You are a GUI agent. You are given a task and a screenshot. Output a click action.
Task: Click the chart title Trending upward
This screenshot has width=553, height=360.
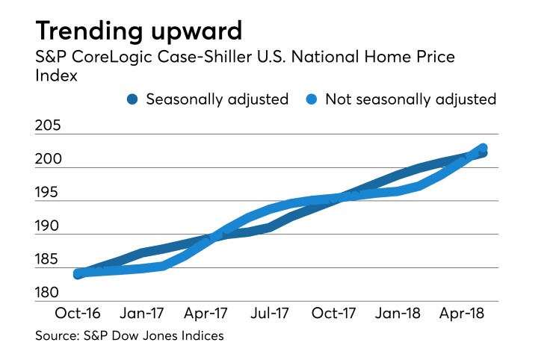[138, 31]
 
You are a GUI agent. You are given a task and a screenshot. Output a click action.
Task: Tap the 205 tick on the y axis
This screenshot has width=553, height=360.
[49, 126]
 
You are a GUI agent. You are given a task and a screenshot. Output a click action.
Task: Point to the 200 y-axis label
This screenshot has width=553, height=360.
[49, 159]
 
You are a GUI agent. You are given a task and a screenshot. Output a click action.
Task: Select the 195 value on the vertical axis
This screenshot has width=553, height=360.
[49, 193]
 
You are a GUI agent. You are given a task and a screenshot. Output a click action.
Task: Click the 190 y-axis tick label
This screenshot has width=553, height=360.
[49, 226]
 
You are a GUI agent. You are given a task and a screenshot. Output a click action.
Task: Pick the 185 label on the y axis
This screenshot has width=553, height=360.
[49, 260]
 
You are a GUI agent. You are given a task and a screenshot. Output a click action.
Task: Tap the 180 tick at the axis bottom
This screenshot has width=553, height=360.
[49, 293]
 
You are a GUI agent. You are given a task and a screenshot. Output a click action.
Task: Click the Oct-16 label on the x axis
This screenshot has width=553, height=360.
[78, 313]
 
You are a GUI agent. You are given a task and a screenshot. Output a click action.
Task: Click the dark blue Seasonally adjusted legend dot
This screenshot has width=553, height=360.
[134, 99]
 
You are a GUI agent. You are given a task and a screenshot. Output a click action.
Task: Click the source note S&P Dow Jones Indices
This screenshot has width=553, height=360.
[129, 336]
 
